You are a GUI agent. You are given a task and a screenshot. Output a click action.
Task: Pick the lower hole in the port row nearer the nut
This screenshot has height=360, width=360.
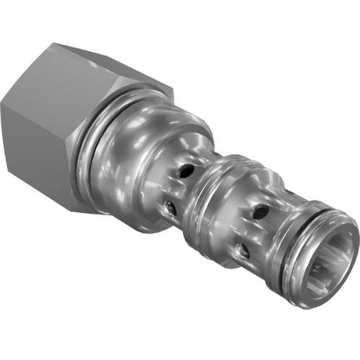pyautogui.click(x=171, y=208)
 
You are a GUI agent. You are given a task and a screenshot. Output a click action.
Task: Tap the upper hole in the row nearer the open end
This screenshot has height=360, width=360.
pyautogui.click(x=261, y=212)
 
